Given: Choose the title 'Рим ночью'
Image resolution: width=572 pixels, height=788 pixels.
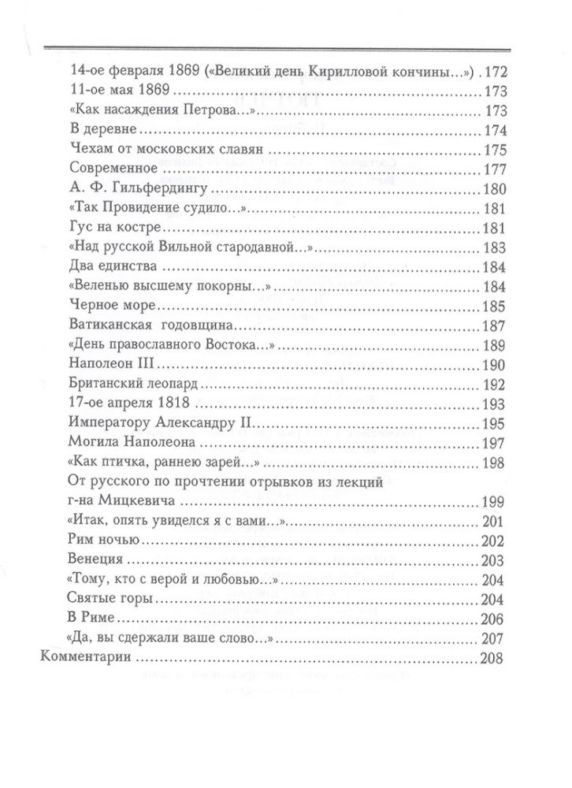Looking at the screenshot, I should pyautogui.click(x=104, y=543).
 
